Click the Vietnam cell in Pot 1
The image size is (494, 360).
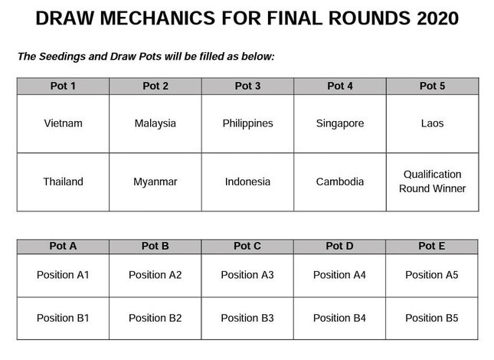pyautogui.click(x=63, y=123)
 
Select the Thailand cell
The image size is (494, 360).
pyautogui.click(x=63, y=182)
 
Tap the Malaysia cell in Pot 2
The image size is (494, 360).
pyautogui.click(x=155, y=123)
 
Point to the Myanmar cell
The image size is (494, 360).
pyautogui.click(x=155, y=182)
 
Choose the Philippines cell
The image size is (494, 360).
pyautogui.click(x=247, y=123)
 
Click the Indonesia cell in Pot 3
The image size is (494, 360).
pyautogui.click(x=247, y=182)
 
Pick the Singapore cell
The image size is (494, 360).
pyautogui.click(x=340, y=123)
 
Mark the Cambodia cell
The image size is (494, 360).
pyautogui.click(x=340, y=182)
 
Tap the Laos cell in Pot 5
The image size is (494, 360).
pyautogui.click(x=432, y=123)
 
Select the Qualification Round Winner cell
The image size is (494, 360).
pyautogui.click(x=432, y=182)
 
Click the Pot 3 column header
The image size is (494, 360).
pyautogui.click(x=247, y=86)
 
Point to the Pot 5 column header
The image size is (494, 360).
pyautogui.click(x=432, y=86)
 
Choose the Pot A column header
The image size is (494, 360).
pyautogui.click(x=63, y=247)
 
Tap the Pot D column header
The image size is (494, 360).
pyautogui.click(x=339, y=247)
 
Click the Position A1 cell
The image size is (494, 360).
pyautogui.click(x=63, y=275)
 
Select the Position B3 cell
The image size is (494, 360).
pyautogui.click(x=247, y=318)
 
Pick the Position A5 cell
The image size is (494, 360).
pyautogui.click(x=432, y=275)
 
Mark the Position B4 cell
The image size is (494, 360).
pyautogui.click(x=339, y=318)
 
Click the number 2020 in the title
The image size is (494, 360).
pyautogui.click(x=437, y=18)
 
